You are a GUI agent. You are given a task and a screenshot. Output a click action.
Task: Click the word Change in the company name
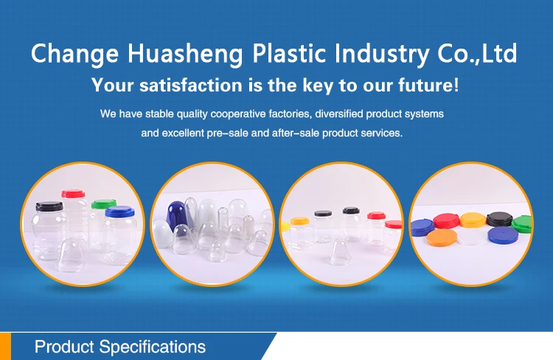click(74, 54)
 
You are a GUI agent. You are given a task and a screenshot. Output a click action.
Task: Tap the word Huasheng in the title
click(185, 54)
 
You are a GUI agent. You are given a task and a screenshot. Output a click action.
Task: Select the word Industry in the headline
click(381, 54)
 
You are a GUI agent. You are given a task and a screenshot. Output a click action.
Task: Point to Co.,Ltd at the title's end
click(477, 53)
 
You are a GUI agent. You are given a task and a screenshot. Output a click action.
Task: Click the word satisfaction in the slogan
click(191, 85)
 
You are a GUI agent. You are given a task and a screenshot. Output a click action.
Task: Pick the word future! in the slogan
click(429, 85)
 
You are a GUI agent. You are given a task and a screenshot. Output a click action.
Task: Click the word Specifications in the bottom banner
click(153, 347)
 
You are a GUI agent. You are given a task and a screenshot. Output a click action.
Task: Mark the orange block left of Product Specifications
click(5, 346)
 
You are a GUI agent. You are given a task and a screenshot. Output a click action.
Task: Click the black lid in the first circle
click(49, 206)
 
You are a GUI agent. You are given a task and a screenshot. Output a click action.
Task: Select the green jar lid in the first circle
click(103, 204)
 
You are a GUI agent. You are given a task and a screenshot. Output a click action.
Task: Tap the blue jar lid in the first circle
click(119, 212)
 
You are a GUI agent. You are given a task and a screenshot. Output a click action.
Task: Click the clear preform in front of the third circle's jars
click(340, 252)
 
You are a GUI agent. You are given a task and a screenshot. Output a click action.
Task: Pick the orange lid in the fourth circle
click(442, 238)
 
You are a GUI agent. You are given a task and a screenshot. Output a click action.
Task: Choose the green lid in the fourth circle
click(522, 224)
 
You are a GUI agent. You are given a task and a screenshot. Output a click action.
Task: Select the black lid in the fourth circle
click(499, 219)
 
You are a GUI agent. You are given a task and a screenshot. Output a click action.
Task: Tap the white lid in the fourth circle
click(472, 237)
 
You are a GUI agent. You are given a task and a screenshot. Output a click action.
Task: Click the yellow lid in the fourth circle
click(473, 220)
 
